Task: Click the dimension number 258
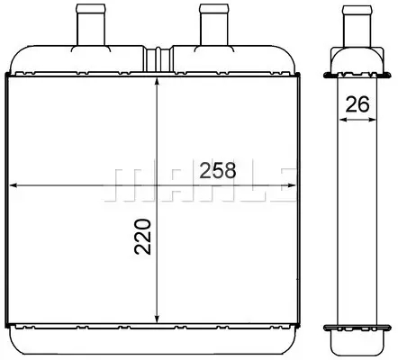218,170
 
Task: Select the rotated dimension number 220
142,237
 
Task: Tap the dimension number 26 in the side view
357,104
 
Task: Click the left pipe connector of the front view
91,25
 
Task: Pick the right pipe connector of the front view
214,25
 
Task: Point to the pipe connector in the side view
357,26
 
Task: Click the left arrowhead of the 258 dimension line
13,185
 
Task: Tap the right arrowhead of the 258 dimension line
292,185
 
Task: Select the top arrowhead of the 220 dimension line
157,82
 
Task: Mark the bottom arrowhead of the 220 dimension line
157,319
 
